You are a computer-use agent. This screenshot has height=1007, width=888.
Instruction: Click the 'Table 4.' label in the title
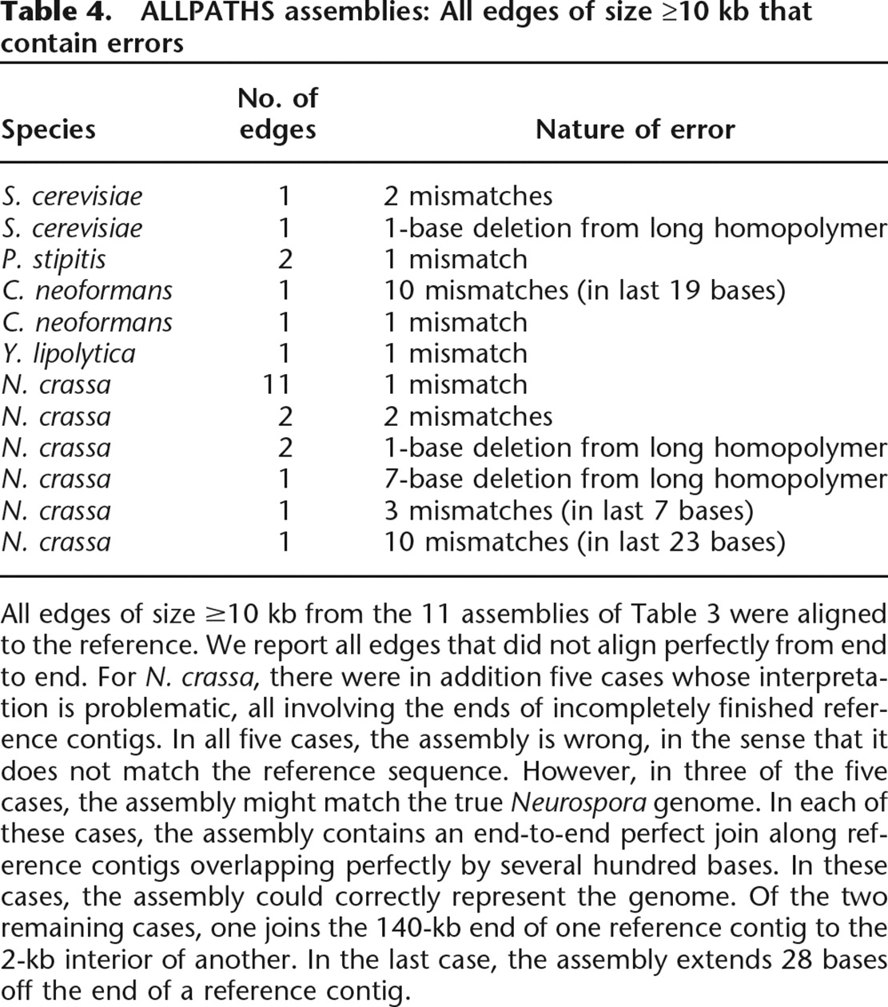pos(50,13)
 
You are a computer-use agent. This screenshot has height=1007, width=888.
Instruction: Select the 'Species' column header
pos(48,129)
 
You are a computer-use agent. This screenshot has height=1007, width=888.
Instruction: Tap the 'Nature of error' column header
pos(635,129)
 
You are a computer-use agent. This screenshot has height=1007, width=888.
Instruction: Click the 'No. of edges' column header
pos(277,114)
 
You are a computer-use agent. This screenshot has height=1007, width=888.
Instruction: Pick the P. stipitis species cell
pos(54,259)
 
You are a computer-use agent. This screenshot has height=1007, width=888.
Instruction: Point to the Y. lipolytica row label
pos(69,353)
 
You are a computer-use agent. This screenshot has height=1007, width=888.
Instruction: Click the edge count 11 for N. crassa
pos(277,384)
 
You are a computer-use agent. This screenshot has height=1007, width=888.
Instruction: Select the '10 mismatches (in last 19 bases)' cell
pos(584,290)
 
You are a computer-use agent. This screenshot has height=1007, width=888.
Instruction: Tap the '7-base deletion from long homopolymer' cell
pos(635,479)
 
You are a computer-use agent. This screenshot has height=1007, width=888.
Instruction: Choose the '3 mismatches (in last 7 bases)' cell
pos(568,511)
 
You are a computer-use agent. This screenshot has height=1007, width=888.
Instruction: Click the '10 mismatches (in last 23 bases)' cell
pos(584,542)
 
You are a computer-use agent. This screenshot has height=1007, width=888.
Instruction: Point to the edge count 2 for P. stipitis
pos(285,259)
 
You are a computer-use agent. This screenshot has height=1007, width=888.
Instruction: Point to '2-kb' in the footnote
pos(33,960)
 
